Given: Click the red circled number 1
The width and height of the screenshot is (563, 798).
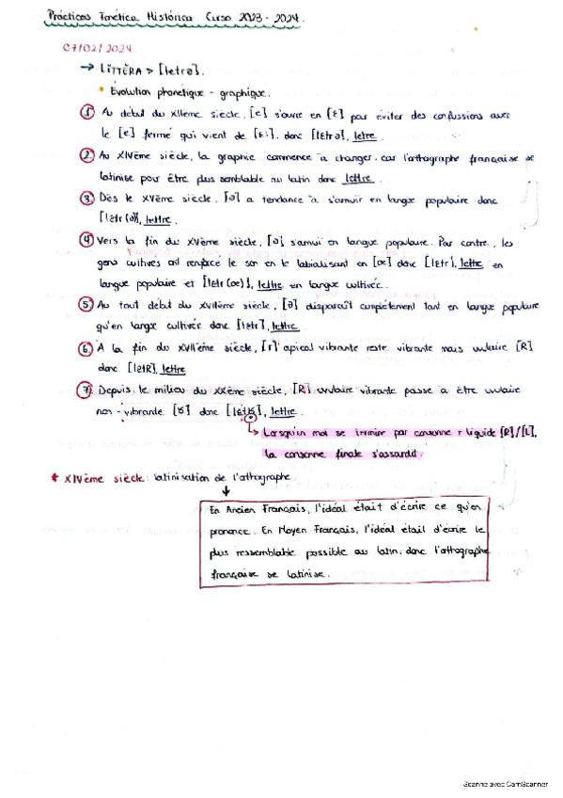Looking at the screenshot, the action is pos(86,113).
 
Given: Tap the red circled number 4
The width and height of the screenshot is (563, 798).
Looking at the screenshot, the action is pos(86,240).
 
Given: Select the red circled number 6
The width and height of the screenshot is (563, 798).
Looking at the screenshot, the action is pos(86,347).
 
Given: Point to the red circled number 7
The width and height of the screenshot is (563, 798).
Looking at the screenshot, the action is pos(86,389).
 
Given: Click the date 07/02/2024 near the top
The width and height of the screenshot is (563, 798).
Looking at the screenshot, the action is pos(98,48).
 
